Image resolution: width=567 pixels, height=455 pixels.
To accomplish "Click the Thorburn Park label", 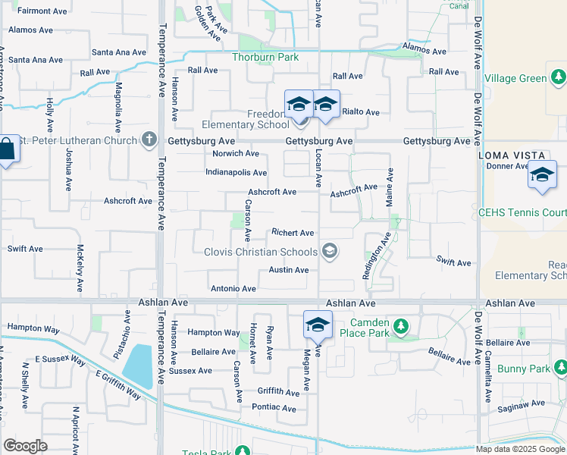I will click(x=265, y=57).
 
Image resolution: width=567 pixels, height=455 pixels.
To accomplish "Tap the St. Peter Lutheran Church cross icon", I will click(x=149, y=140).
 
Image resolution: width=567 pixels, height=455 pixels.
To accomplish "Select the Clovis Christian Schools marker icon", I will click(x=329, y=250).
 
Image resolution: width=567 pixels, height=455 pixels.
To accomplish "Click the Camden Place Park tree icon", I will click(x=401, y=328).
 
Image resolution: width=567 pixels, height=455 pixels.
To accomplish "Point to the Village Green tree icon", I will click(x=559, y=77).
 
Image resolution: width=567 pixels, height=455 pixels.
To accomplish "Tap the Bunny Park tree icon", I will click(x=559, y=369).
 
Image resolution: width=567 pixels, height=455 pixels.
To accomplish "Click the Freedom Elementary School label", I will click(x=245, y=120).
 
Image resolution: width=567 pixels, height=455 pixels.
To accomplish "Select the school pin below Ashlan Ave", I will click(x=317, y=325).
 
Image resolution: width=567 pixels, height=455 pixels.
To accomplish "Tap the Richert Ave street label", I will click(x=293, y=233).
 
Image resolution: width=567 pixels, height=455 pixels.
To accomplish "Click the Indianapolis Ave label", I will click(x=236, y=173).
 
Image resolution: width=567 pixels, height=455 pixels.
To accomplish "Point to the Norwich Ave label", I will click(x=236, y=153).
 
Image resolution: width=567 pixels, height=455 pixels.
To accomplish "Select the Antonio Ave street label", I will click(x=233, y=289).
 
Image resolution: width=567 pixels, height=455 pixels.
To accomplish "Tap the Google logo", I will click(x=26, y=445).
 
